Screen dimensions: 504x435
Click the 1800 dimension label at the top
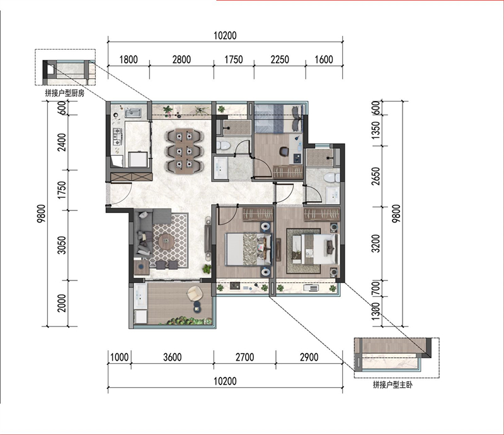tap(129, 59)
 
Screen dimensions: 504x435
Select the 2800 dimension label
tap(181, 59)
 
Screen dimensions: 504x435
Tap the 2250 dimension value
tap(280, 59)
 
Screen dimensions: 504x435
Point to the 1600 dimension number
tap(324, 59)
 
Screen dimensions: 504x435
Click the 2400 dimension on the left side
tap(62, 142)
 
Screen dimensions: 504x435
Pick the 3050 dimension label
tap(62, 245)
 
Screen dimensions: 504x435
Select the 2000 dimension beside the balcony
tap(62, 303)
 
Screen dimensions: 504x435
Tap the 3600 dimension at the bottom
tap(172, 357)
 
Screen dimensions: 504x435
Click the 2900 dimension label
tap(309, 357)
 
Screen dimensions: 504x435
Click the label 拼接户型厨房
tap(65, 93)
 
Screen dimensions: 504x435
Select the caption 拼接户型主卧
tap(392, 385)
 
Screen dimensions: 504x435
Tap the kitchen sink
tap(133, 113)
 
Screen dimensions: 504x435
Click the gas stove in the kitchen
tap(117, 136)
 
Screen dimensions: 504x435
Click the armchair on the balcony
tap(195, 294)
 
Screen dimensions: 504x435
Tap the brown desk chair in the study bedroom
tap(283, 151)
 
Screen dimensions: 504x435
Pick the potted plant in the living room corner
tap(207, 269)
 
